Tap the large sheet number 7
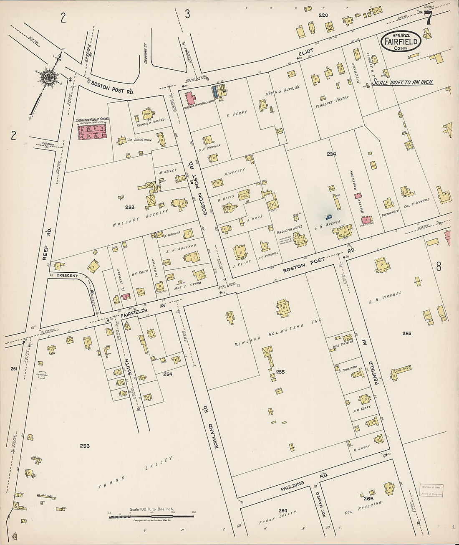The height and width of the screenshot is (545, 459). click(x=428, y=18)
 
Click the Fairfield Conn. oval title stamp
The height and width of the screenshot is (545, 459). click(x=401, y=42)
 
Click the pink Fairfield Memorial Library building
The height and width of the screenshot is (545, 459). click(x=191, y=99)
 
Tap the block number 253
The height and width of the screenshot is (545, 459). click(x=85, y=446)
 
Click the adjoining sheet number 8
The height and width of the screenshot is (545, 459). click(x=439, y=266)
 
